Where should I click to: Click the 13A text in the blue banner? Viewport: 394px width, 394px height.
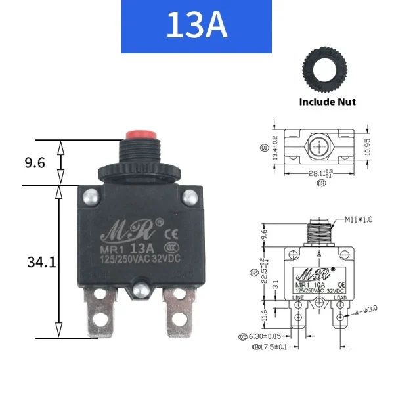click(196, 26)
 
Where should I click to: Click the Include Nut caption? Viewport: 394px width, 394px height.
click(327, 102)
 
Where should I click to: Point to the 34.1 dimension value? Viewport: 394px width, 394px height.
click(41, 263)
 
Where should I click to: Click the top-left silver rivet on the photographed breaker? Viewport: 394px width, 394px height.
click(91, 196)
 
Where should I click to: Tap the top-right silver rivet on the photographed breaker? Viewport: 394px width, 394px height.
click(190, 196)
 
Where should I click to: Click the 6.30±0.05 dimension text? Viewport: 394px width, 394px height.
click(273, 336)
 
